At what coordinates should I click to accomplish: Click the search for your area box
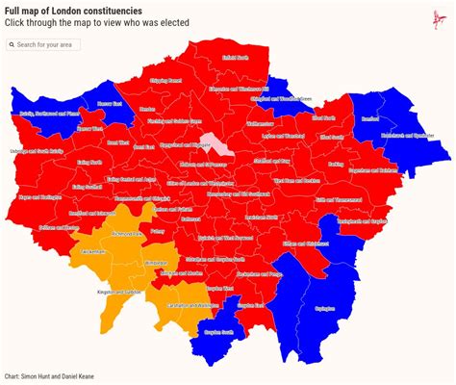43,44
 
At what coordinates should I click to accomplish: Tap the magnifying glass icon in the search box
12,44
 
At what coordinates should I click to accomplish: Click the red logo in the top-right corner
441,14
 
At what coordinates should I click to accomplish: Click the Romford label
370,118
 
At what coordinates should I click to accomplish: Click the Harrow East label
110,103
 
